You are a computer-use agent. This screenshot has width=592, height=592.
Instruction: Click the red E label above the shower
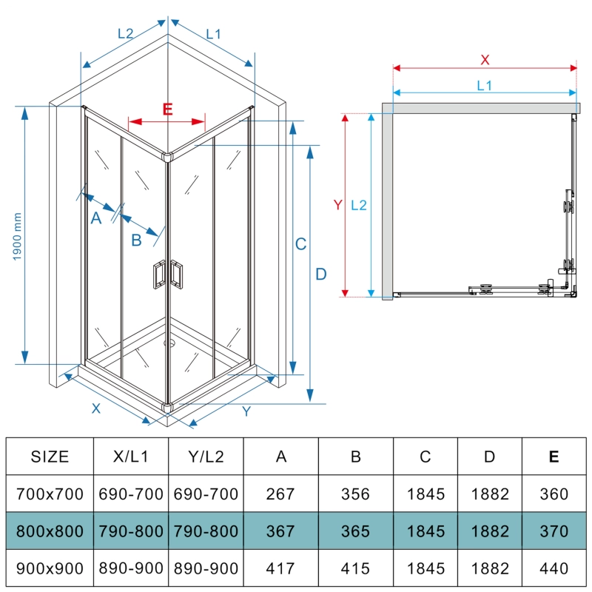pyautogui.click(x=167, y=110)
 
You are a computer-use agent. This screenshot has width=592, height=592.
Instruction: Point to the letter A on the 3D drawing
pyautogui.click(x=95, y=218)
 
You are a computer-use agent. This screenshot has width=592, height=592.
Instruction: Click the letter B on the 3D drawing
pyautogui.click(x=136, y=240)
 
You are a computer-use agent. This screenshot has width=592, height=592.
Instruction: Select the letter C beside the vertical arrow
pyautogui.click(x=300, y=244)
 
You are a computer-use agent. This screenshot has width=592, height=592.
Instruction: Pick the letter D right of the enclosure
pyautogui.click(x=320, y=275)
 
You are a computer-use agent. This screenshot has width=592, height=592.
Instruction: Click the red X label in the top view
pyautogui.click(x=485, y=59)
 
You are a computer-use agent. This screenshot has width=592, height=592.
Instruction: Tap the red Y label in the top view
pyautogui.click(x=337, y=205)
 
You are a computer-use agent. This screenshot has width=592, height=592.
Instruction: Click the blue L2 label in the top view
pyautogui.click(x=358, y=205)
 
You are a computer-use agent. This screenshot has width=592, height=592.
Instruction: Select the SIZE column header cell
pyautogui.click(x=50, y=457)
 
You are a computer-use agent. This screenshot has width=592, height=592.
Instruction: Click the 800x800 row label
pyautogui.click(x=50, y=531)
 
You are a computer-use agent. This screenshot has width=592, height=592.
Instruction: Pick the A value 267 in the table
pyautogui.click(x=281, y=494)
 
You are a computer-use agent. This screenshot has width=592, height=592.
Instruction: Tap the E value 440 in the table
pyautogui.click(x=554, y=568)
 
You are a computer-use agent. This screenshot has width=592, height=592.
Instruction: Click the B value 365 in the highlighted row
pyautogui.click(x=356, y=531)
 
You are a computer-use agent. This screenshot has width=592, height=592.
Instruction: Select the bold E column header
pyautogui.click(x=554, y=457)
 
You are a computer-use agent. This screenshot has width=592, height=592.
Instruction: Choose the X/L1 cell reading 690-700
pyautogui.click(x=131, y=494)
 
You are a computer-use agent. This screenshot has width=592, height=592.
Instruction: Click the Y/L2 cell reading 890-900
pyautogui.click(x=206, y=568)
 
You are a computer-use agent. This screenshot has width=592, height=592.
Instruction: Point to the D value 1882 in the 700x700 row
pyautogui.click(x=489, y=494)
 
